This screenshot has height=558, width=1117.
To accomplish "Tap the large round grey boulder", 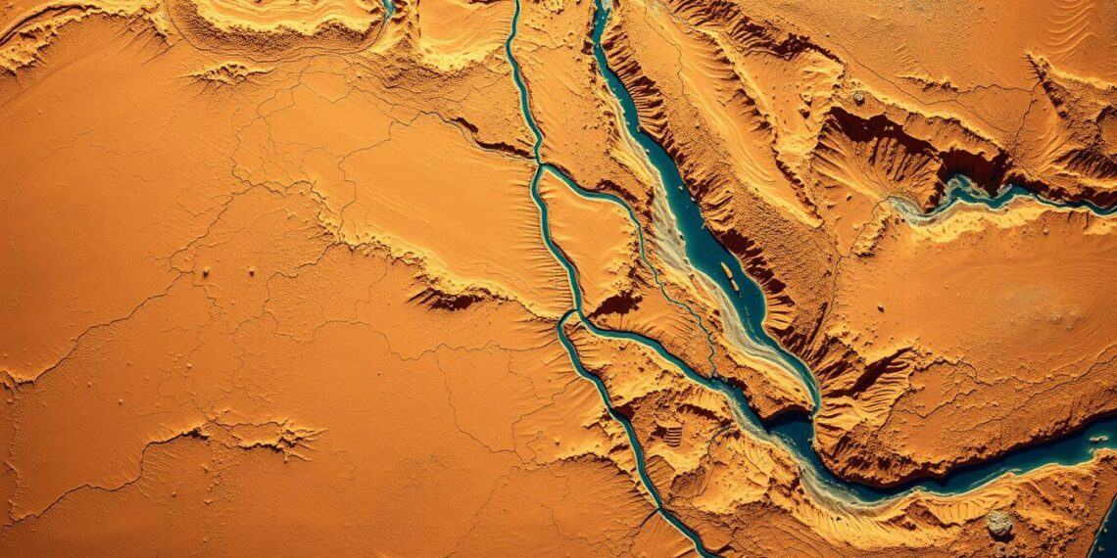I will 998,525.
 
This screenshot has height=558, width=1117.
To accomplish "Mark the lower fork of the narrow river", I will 566,318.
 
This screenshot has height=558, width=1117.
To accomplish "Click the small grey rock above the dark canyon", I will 858,97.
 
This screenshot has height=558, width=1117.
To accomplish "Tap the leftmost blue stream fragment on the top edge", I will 388,8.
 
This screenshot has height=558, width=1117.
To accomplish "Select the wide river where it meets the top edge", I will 598,10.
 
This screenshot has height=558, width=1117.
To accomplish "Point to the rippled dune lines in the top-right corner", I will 1068,29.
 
